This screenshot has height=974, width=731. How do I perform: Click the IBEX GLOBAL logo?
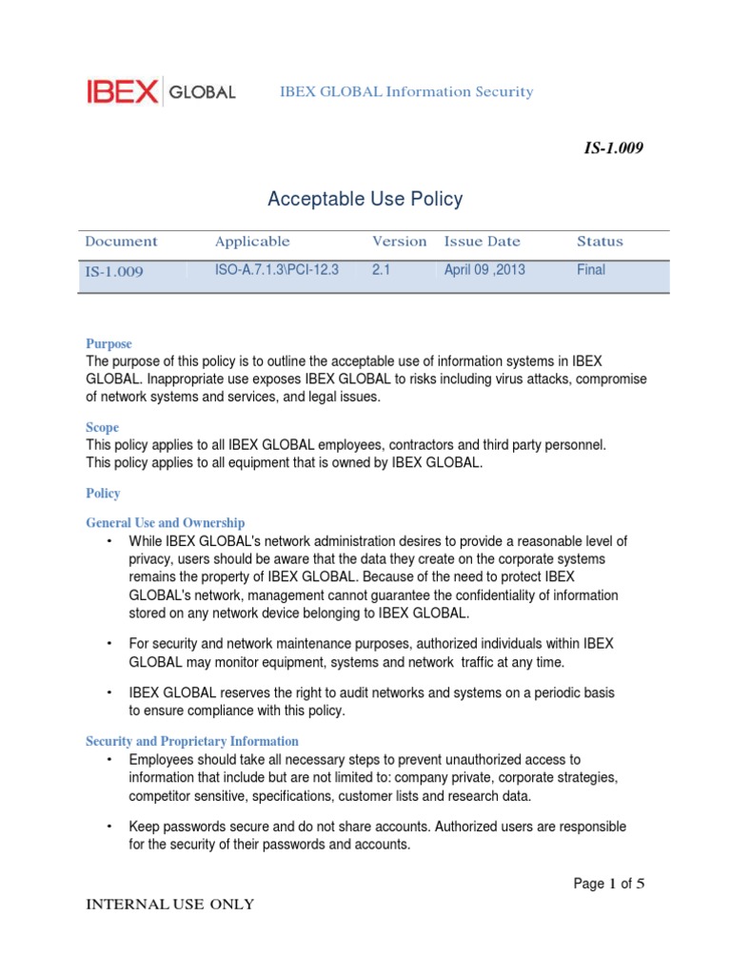[160, 92]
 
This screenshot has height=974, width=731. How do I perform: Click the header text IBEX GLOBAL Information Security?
[405, 92]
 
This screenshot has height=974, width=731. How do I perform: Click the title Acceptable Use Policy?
[365, 199]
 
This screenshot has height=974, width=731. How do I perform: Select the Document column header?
[121, 242]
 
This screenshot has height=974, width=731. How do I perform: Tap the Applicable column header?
[252, 242]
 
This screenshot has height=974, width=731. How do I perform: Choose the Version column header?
[399, 242]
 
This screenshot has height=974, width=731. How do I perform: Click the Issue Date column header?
[482, 242]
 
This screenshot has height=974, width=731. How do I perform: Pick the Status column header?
[600, 242]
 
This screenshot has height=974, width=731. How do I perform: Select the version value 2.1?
[382, 270]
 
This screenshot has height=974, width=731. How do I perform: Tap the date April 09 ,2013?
[484, 270]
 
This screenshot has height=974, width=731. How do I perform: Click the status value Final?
[590, 270]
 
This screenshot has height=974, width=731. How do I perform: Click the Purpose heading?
[109, 343]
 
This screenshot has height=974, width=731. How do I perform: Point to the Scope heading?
[102, 428]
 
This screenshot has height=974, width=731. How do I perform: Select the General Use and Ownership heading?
[165, 522]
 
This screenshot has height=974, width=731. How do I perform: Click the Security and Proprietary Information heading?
[191, 741]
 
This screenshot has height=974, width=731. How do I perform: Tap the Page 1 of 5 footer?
[609, 884]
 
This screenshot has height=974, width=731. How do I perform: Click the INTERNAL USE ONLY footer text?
[170, 905]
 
